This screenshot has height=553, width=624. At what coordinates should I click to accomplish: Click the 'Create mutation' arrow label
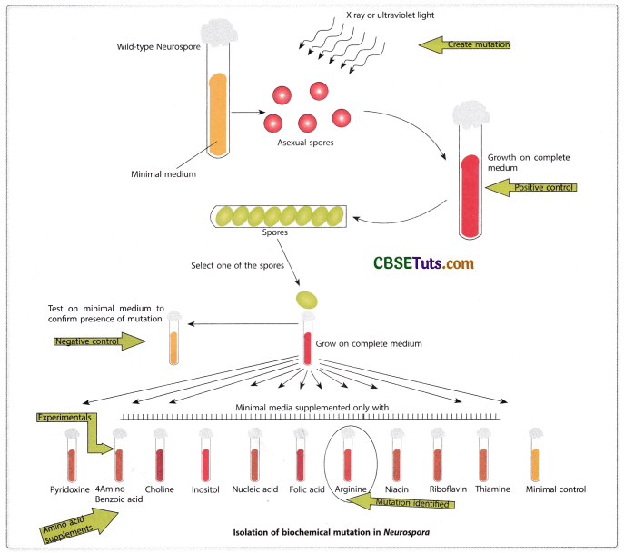point(466,44)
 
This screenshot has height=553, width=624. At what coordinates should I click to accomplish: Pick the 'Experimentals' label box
point(65,418)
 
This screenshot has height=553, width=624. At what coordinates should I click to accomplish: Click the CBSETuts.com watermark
point(423,263)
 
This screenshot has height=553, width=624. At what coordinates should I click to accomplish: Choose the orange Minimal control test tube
point(535,459)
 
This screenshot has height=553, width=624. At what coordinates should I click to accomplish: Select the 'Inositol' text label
point(209,489)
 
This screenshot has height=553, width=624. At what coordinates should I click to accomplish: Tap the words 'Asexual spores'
point(306,143)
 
